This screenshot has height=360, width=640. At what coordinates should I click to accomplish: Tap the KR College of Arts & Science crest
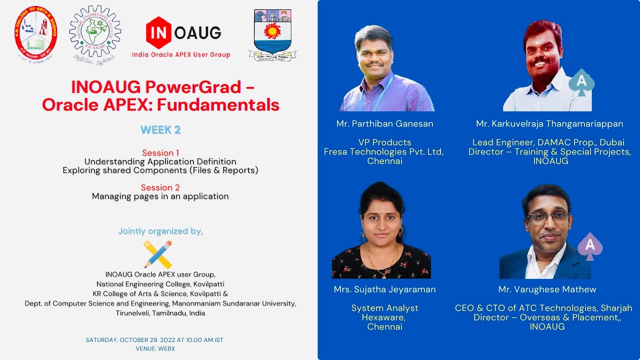[x=35, y=33]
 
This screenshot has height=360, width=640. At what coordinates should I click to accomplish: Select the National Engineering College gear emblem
[x=95, y=32]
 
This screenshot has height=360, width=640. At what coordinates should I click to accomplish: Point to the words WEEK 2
[x=160, y=130]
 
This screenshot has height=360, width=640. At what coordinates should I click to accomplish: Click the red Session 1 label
[x=160, y=152]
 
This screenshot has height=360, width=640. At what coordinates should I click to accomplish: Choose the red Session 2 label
[x=160, y=187]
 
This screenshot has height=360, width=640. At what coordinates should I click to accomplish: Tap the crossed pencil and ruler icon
[x=158, y=254]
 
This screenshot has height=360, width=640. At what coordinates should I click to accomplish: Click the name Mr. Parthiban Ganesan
[x=384, y=123]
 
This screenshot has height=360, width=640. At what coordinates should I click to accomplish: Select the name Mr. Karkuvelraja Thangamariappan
[x=549, y=123]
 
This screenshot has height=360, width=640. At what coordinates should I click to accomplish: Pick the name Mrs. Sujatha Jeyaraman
[x=384, y=289]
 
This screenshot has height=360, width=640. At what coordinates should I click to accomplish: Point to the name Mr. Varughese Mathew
[x=547, y=289]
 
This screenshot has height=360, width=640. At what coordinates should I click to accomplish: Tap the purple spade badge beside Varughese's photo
[x=590, y=246]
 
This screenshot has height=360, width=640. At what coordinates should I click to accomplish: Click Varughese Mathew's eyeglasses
[x=548, y=217]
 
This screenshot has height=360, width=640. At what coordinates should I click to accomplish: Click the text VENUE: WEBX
[x=155, y=348]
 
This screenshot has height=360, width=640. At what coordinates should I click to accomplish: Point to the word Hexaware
[x=384, y=317]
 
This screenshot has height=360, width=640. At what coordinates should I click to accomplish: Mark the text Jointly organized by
[x=160, y=231]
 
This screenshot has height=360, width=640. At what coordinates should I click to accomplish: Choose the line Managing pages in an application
[x=160, y=196]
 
